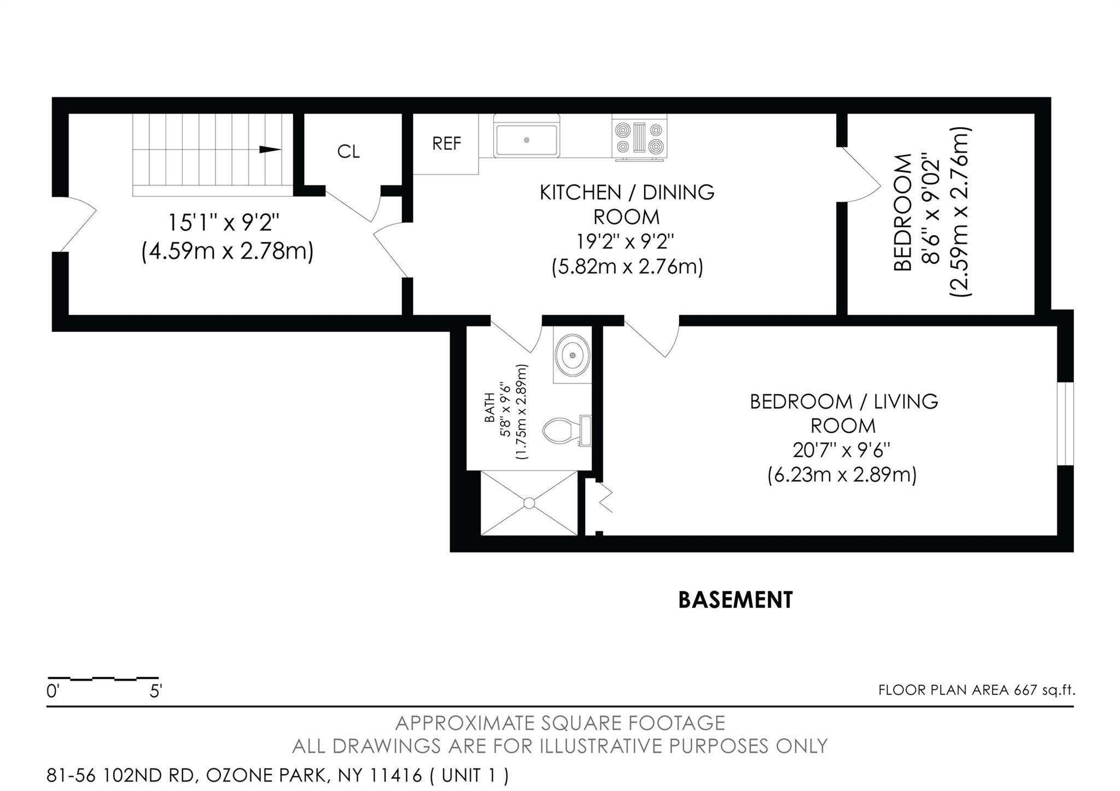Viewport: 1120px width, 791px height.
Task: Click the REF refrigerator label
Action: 446,144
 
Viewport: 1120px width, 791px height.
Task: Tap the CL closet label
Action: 348,152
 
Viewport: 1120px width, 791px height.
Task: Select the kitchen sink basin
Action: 526,141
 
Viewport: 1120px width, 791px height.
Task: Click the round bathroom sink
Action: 573,355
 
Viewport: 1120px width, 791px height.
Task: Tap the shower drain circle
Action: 529,503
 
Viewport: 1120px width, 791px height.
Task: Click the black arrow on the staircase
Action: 270,149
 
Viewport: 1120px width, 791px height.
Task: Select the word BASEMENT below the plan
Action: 735,600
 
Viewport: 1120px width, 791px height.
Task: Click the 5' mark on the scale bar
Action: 156,691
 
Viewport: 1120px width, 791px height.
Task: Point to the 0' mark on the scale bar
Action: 52,691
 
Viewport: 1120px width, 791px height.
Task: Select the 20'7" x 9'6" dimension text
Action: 842,450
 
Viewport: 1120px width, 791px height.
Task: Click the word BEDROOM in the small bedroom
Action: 903,212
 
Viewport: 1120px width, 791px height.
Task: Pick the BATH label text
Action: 489,408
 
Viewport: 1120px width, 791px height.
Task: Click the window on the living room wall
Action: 1065,423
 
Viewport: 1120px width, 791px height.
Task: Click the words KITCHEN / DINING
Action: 627,193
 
